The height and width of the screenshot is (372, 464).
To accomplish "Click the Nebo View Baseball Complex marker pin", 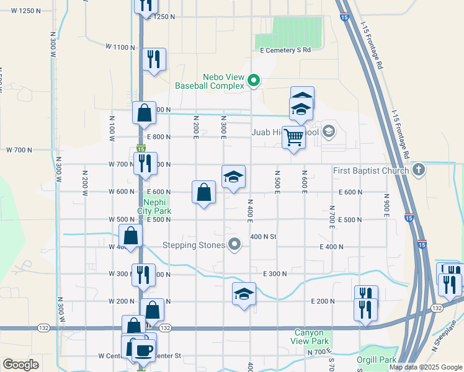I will pos(253,80).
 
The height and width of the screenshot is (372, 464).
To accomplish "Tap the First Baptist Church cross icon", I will pos(419,170).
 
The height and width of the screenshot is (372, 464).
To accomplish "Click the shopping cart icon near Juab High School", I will pos(293,137).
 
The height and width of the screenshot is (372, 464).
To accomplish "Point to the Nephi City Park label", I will pos(156,206).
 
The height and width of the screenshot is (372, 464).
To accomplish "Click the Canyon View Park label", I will pos(310,337).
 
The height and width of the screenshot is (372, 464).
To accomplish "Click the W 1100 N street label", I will pos(120,46).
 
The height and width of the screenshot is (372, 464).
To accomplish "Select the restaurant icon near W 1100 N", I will pos(153,59).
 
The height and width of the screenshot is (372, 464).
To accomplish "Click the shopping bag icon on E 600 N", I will pos(203,192).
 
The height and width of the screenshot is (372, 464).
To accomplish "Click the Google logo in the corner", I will pos(20,365).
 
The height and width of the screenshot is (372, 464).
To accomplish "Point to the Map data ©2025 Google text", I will pos(426,367).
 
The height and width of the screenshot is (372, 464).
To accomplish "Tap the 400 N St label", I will pos(262,237).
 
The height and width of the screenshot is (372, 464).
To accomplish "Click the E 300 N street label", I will pos(275,273).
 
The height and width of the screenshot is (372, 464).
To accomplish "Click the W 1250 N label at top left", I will pos(35,11).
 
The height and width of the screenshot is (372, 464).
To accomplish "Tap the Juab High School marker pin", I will pos(328,131).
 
